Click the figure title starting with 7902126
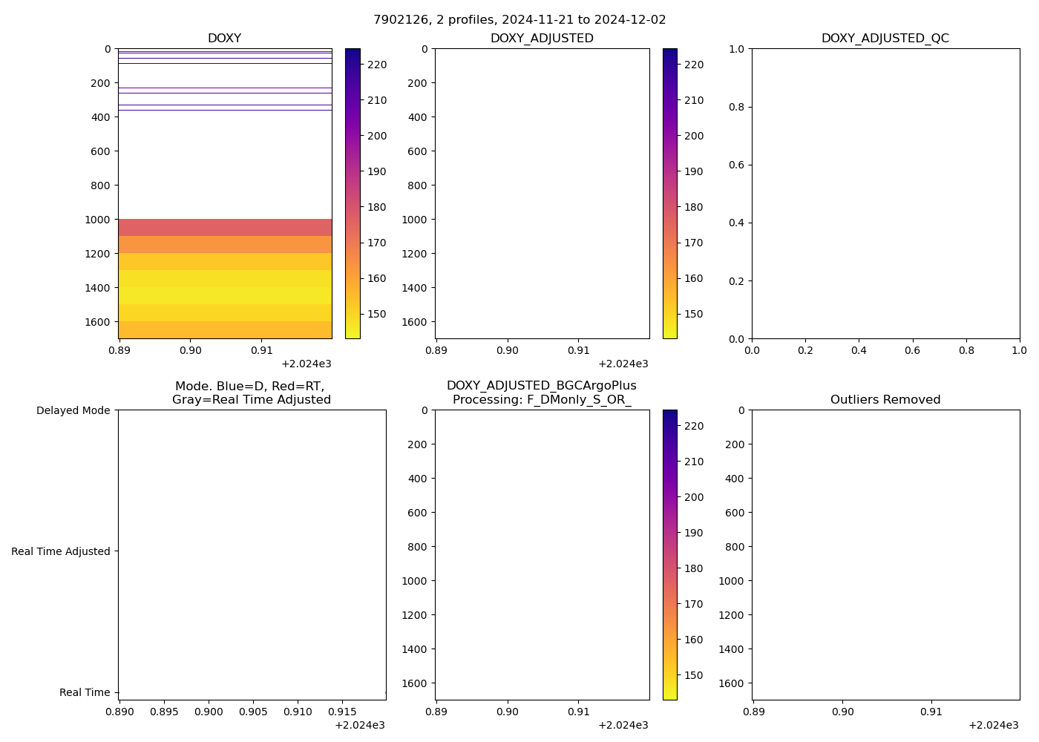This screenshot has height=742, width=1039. (519, 19)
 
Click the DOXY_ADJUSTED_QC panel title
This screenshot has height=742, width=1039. (885, 39)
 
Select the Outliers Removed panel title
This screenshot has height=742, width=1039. (885, 400)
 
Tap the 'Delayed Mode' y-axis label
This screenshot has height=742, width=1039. (73, 410)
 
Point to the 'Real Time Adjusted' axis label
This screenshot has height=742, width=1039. (61, 551)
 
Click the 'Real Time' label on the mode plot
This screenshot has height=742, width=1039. (85, 692)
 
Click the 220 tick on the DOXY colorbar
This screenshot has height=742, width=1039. (376, 65)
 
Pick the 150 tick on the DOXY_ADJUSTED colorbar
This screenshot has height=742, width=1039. (693, 314)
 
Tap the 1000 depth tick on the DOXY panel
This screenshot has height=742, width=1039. (97, 220)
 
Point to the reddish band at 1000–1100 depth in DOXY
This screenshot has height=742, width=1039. (225, 228)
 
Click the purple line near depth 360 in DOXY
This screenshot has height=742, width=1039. (225, 110)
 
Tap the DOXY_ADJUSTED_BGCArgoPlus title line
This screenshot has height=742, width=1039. (541, 386)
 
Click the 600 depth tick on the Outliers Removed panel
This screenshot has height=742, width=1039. (734, 513)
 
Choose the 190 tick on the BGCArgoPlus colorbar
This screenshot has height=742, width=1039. (693, 533)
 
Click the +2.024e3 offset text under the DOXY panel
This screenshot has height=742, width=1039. (306, 364)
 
